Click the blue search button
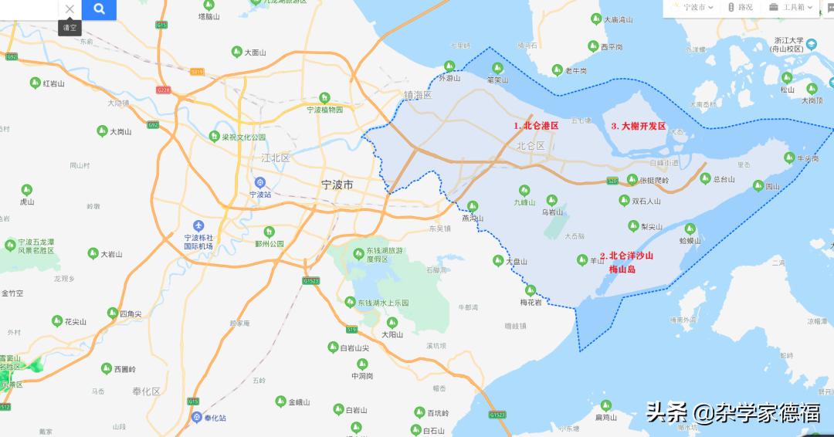(99, 9)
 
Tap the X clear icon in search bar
(69, 9)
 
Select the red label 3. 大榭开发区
(638, 126)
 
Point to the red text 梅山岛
(622, 269)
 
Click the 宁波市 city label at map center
(337, 185)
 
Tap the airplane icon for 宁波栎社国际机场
(198, 225)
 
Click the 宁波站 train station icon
(260, 182)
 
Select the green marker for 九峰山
(524, 190)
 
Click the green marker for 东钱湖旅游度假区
(358, 252)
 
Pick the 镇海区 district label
(417, 94)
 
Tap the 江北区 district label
(275, 158)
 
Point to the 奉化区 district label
(146, 391)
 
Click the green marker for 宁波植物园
(324, 98)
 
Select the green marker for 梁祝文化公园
(214, 137)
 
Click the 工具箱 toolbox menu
(790, 8)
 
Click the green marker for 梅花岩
(531, 290)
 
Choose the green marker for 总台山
(705, 178)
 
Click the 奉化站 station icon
(198, 417)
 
